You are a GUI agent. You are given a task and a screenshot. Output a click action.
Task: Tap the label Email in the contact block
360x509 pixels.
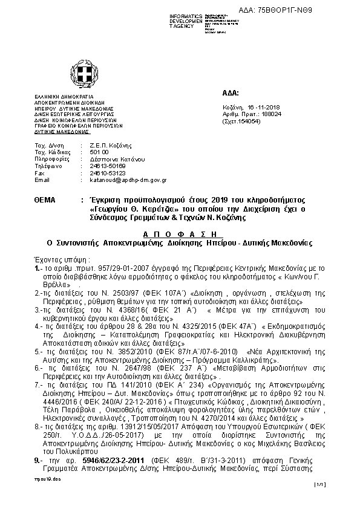[x=42, y=180]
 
